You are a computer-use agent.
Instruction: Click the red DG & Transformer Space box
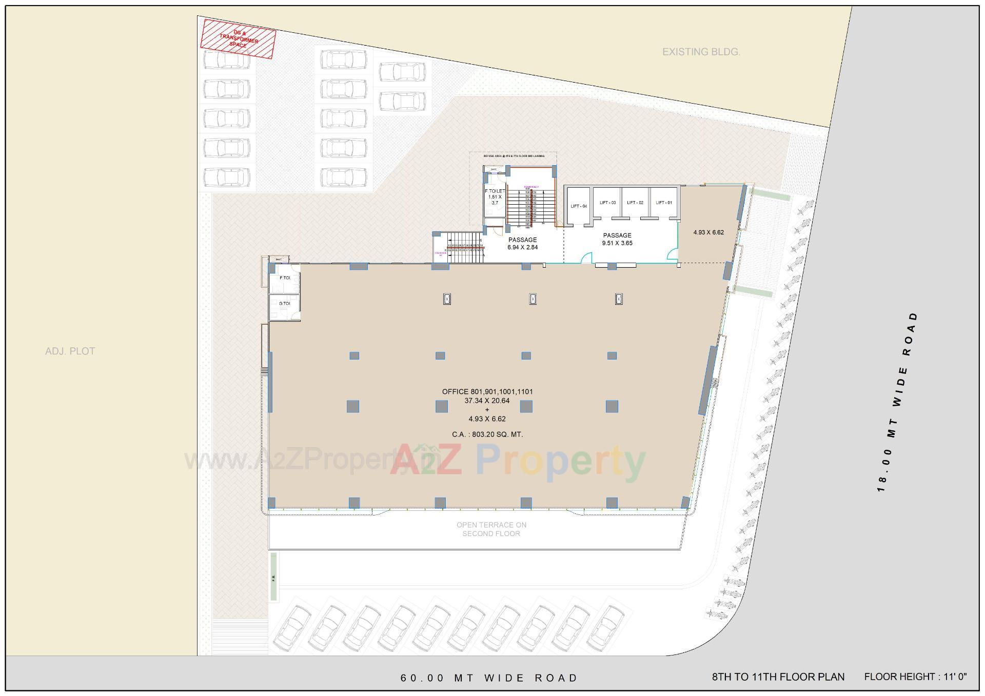238,39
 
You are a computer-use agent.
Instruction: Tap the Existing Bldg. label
701,52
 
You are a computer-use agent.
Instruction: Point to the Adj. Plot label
70,351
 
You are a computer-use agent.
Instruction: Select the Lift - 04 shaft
578,206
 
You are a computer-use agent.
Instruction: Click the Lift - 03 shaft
607,203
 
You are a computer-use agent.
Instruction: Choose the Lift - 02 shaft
635,203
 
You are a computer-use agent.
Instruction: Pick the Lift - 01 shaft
663,203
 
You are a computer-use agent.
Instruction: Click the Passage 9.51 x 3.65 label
617,239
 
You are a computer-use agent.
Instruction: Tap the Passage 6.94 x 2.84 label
522,243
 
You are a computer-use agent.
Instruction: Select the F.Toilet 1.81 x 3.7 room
495,197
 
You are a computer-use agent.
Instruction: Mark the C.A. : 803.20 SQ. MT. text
487,434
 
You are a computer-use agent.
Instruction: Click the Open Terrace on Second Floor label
491,529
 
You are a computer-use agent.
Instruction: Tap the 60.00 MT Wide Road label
489,678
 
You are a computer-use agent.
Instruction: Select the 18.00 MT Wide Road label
897,402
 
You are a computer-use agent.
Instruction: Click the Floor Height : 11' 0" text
915,677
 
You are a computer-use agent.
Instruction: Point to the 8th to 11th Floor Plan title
778,677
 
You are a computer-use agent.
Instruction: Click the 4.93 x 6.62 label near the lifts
708,232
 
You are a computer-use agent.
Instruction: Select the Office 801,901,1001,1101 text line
487,392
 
